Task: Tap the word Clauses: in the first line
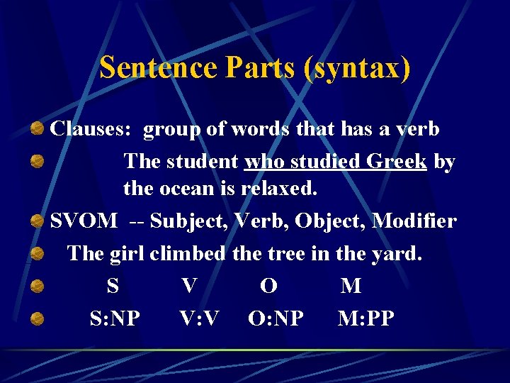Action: [93, 130]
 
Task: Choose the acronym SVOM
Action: [84, 221]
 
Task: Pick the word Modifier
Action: [414, 221]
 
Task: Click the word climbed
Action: [187, 253]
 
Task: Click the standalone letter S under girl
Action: [113, 286]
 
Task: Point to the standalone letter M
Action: [351, 286]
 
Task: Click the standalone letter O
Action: [268, 286]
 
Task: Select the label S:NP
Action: [115, 318]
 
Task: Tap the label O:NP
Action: [276, 318]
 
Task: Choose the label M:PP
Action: [366, 318]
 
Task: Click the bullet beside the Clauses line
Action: [39, 130]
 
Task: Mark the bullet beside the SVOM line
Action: [39, 222]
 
